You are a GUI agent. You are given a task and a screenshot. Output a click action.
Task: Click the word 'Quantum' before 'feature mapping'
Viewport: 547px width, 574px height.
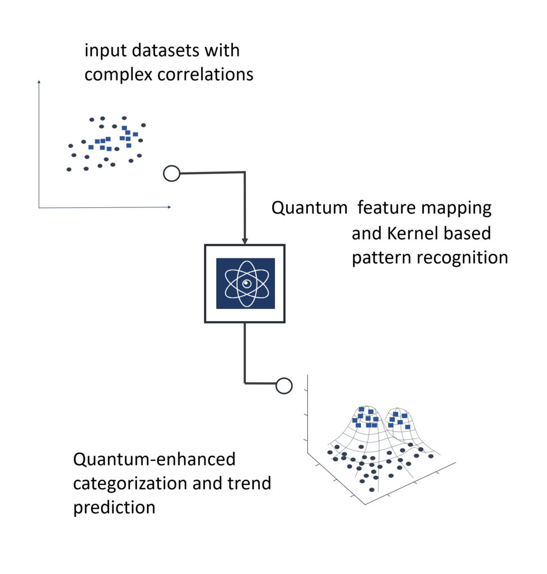[x=309, y=209]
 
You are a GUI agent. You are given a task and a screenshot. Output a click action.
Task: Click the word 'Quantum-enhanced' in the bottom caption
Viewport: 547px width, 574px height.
[x=154, y=460]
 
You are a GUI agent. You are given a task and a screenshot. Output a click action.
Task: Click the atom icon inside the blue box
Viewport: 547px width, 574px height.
[x=245, y=283]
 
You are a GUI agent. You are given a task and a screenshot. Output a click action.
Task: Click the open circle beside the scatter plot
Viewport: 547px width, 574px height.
[x=171, y=174]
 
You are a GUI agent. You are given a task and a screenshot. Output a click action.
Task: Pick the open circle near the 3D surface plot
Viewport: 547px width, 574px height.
[x=284, y=386]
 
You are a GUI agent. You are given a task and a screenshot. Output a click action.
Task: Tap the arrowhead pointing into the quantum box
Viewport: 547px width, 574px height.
[x=245, y=240]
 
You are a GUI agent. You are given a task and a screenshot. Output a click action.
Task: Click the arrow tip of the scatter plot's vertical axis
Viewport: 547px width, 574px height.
[x=39, y=82]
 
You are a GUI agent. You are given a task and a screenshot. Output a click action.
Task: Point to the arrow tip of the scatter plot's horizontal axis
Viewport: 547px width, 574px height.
[x=169, y=207]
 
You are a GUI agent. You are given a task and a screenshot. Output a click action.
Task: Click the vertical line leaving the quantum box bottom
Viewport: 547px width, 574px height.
[x=245, y=350]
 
